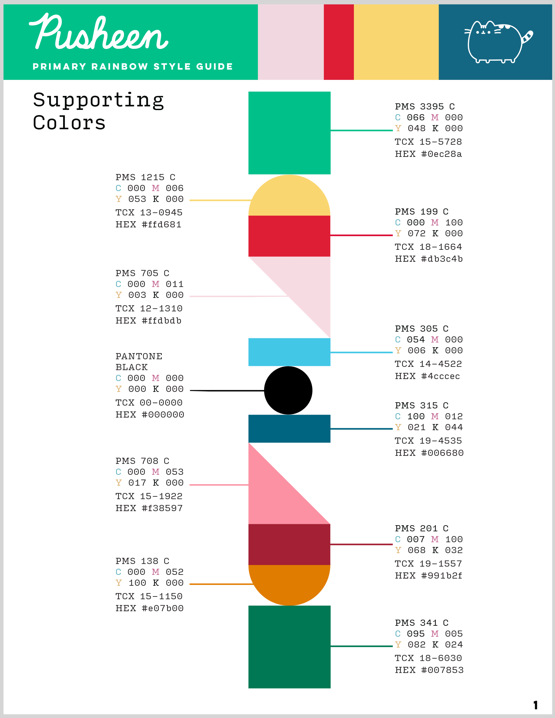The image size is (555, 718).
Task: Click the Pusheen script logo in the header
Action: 99,33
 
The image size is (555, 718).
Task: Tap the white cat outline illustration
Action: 495,43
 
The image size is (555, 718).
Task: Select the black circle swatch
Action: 288,390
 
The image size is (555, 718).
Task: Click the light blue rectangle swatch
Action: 289,352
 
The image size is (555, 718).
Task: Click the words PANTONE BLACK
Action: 139,362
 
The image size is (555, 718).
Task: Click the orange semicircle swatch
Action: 289,583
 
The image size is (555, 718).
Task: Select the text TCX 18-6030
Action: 428,658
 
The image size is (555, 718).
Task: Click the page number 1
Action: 535,705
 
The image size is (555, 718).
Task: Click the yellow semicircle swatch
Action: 289,197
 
